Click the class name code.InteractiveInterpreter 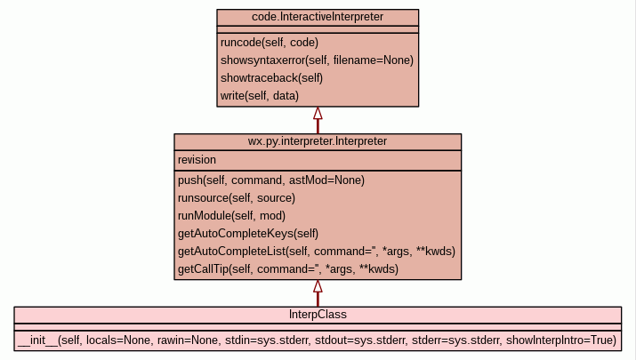point(318,18)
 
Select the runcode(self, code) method point(269,43)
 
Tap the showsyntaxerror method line point(317,60)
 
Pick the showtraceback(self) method point(271,78)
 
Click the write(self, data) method point(260,96)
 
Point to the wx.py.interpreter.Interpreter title point(318,141)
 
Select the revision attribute point(197,160)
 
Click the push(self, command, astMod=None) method point(271,180)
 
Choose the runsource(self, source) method point(237,198)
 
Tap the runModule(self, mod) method point(231,216)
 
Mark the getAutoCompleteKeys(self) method point(248,234)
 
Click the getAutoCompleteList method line point(317,252)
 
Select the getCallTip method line point(288,269)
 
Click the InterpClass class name point(318,315)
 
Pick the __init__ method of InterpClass point(317,340)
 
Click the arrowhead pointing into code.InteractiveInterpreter point(318,114)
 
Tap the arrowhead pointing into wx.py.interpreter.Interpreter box point(318,286)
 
